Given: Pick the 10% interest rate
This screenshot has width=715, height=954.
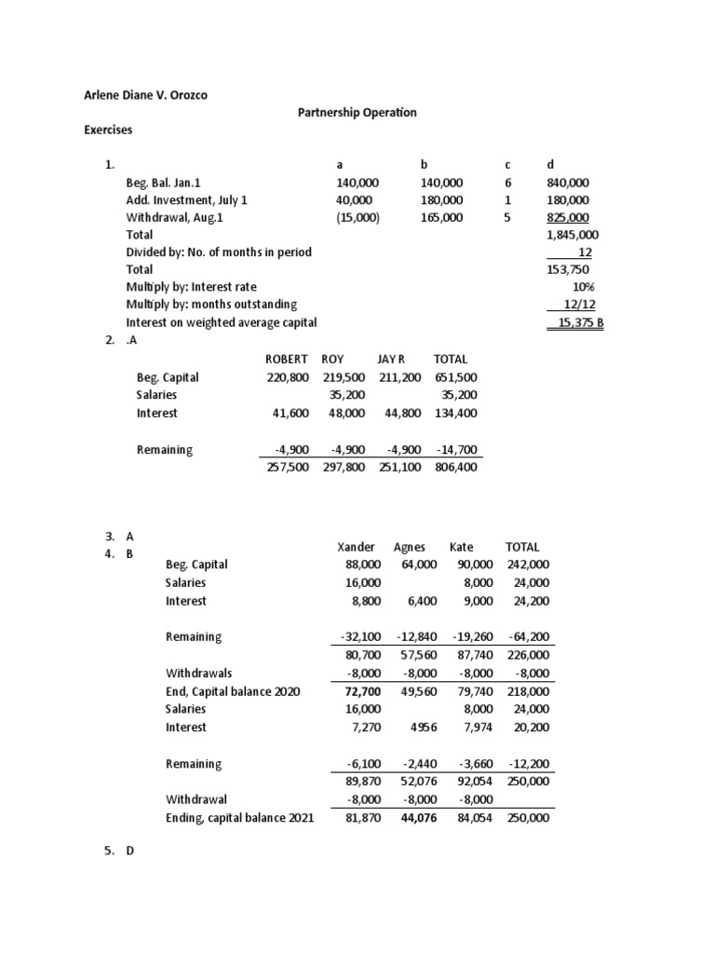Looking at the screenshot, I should [585, 287].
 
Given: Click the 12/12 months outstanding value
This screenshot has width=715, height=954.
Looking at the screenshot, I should [578, 305].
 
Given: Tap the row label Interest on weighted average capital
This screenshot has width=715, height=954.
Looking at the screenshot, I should [222, 322].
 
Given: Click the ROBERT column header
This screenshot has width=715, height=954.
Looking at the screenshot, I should [287, 359].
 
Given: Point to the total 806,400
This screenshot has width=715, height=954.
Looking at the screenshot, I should [455, 467].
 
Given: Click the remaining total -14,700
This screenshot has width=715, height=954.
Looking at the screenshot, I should [455, 449].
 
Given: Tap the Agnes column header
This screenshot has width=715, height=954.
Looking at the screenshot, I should [410, 547].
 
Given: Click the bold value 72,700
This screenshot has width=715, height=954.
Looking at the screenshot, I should [361, 691].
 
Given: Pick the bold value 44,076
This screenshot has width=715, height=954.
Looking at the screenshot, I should [417, 817].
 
